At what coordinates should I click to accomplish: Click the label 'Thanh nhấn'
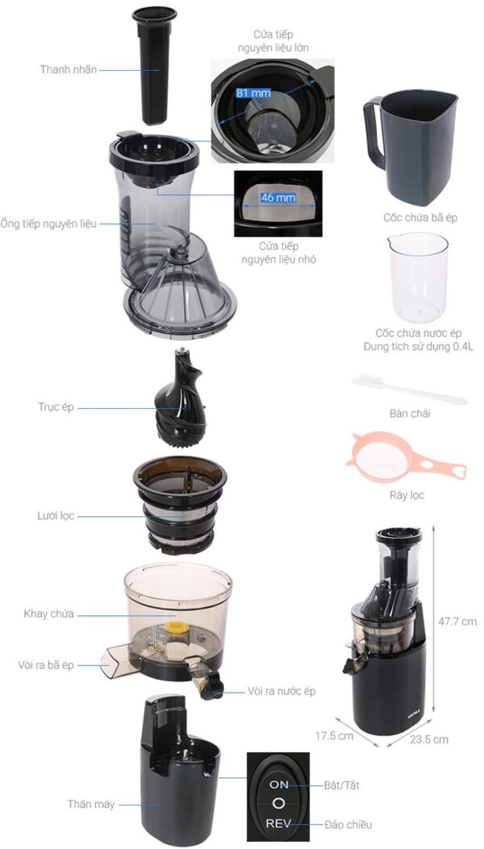[x=69, y=70]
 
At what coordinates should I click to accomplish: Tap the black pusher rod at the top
[x=154, y=65]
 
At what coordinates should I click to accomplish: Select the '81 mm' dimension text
[x=253, y=94]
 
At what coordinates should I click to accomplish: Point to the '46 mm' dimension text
[x=278, y=198]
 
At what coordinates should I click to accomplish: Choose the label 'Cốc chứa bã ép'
[x=420, y=218]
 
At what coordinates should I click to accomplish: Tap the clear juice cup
[x=418, y=277]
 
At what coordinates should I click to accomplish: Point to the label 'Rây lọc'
[x=407, y=495]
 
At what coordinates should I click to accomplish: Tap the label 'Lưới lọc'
[x=56, y=516]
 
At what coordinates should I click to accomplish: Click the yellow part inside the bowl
[x=174, y=628]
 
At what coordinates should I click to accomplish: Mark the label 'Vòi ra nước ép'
[x=282, y=691]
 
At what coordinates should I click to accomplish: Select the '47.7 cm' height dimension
[x=457, y=621]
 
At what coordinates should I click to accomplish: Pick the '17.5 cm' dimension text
[x=334, y=736]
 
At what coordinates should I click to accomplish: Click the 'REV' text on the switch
[x=278, y=823]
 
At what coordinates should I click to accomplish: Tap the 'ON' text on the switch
[x=278, y=784]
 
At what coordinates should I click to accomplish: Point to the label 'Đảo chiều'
[x=348, y=825]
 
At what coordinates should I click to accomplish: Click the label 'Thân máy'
[x=91, y=804]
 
